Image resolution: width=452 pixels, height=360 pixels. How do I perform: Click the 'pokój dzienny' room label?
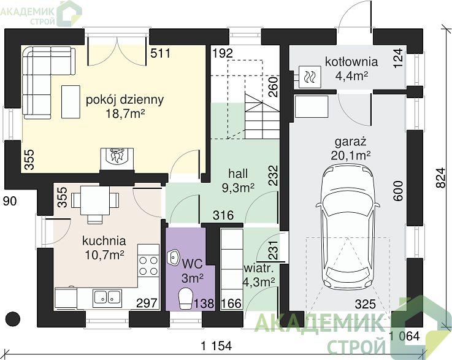coord(124,100)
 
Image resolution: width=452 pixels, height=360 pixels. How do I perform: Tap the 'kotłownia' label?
coord(351,62)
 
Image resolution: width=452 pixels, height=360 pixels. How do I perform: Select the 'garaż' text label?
coord(351,142)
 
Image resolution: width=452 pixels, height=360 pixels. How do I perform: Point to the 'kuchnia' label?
coord(104,241)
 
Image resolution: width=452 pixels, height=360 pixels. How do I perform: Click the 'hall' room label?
coord(238,174)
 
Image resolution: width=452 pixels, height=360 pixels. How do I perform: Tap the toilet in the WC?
coord(186,299)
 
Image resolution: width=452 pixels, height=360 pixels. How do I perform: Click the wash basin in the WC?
coord(173,256)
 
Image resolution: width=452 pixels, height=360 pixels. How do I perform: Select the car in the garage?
coord(348,226)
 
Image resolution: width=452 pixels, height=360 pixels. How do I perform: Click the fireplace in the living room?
coord(117,159)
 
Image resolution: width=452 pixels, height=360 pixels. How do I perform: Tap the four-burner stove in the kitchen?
coord(148,266)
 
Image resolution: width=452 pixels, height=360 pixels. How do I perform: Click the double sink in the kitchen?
coord(107,297)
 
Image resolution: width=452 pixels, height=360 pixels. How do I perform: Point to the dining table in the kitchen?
coord(95,201)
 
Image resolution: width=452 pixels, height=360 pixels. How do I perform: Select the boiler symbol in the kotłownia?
coord(310,77)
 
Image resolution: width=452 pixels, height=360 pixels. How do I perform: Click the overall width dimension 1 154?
coord(216,346)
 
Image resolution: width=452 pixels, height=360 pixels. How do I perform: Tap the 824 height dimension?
coord(441,178)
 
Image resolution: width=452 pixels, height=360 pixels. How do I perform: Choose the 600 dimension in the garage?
coord(398,191)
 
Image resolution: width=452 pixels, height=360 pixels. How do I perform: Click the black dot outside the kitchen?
coord(13,319)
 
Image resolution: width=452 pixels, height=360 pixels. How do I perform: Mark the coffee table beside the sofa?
coord(71,102)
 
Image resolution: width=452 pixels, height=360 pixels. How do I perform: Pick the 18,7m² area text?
coord(125,113)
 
